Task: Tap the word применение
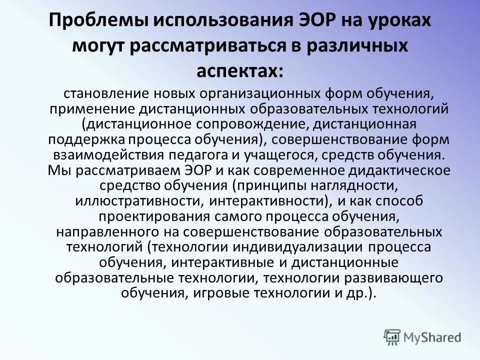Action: pyautogui.click(x=92, y=108)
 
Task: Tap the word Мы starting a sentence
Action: pyautogui.click(x=56, y=170)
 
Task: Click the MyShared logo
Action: pyautogui.click(x=422, y=337)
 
